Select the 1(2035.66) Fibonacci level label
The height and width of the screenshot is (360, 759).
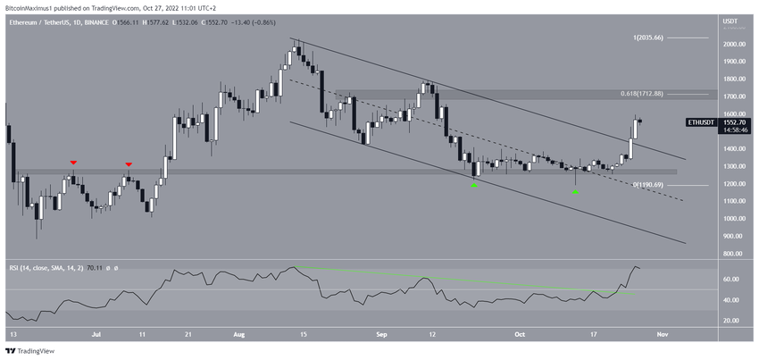(646, 38)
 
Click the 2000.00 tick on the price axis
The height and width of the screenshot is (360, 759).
(734, 44)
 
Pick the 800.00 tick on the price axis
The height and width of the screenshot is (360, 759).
(734, 254)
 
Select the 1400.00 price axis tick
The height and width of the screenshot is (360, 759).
(734, 148)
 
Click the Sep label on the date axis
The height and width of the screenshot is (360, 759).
(381, 335)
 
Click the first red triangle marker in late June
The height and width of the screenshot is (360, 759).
(73, 163)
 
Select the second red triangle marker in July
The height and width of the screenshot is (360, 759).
(129, 164)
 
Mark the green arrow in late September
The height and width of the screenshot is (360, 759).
(474, 185)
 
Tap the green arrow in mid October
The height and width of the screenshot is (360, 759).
(576, 192)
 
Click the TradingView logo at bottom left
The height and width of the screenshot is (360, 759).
(30, 351)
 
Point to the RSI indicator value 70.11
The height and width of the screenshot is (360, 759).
(93, 267)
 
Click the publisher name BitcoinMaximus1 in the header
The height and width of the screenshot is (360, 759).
(34, 6)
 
